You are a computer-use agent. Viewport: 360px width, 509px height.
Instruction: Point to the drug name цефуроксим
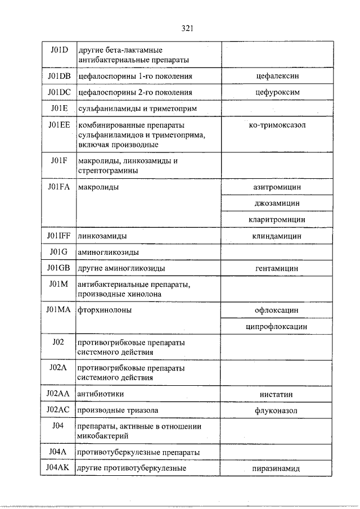tap(276, 92)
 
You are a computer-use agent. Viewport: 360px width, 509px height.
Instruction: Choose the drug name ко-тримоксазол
tap(276, 125)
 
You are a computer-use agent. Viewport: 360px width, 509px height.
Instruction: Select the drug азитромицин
tap(276, 186)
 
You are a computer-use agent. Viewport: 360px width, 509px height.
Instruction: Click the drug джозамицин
tap(276, 202)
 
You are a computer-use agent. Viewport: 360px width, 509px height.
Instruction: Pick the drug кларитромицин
tap(276, 219)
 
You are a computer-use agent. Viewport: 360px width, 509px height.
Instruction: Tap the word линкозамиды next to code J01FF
tap(102, 236)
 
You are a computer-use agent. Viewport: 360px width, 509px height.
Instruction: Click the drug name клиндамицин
tap(276, 236)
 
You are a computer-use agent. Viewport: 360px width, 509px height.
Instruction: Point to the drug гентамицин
tap(276, 269)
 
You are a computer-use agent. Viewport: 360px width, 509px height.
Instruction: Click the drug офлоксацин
tap(276, 309)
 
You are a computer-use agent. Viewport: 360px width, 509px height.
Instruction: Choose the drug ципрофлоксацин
tap(276, 326)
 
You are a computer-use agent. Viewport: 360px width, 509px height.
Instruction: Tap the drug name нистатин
tap(276, 394)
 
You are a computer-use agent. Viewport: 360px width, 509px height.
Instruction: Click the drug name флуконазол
tap(276, 411)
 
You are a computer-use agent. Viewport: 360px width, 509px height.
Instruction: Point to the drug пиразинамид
tap(276, 468)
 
